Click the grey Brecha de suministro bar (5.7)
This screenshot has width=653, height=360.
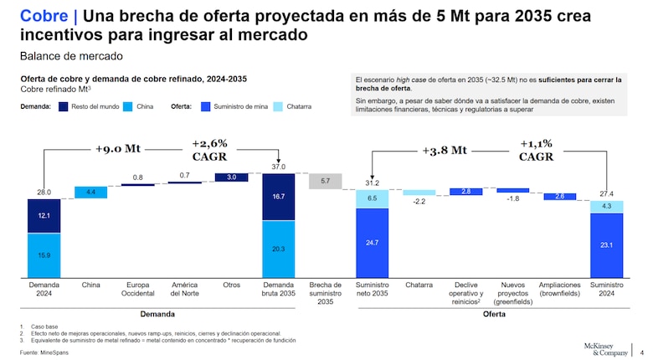coord(325,182)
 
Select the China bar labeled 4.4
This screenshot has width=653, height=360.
coord(90,193)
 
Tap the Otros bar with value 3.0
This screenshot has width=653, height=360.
coord(231,177)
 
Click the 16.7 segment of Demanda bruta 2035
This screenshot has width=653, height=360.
coord(278,197)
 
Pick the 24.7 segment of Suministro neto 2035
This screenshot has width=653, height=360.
coord(372,243)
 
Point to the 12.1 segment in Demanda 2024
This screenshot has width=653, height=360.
coord(44,216)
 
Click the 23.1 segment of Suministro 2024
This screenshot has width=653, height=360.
coord(606,245)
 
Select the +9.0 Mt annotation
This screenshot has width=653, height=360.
coord(118,150)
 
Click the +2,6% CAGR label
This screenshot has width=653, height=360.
coord(209,150)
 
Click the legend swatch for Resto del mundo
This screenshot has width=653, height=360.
coord(64,107)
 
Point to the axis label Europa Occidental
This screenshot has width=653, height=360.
coord(137,290)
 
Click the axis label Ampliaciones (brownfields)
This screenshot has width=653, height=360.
coord(559,290)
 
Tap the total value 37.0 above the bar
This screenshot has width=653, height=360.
coord(278,167)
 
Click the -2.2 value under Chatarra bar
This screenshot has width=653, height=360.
coord(419,201)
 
